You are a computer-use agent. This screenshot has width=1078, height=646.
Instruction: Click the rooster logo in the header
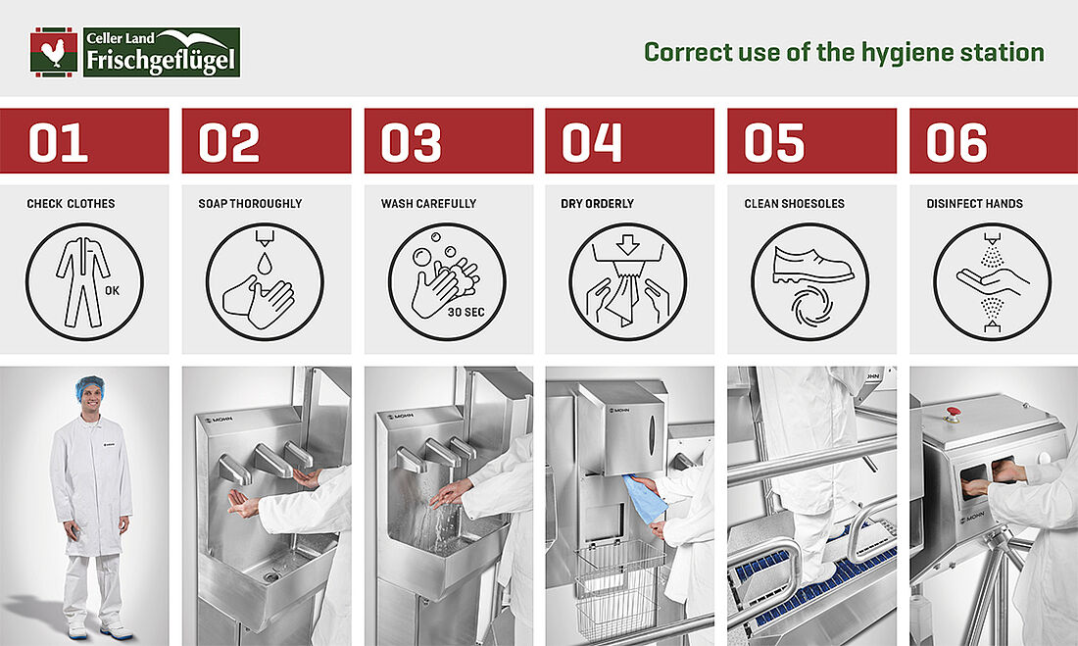pyautogui.click(x=54, y=52)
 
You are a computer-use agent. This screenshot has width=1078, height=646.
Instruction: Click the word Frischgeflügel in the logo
pyautogui.click(x=161, y=61)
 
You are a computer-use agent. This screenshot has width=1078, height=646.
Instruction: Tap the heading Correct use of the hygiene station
pyautogui.click(x=844, y=52)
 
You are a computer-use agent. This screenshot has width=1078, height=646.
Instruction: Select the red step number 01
pyautogui.click(x=58, y=142)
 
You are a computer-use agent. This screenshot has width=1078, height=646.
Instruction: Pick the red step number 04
pyautogui.click(x=591, y=142)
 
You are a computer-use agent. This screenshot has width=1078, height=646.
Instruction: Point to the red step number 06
pyautogui.click(x=956, y=142)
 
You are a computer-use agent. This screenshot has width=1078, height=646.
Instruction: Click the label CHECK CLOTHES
pyautogui.click(x=71, y=204)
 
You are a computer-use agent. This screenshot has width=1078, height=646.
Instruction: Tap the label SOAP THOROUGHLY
pyautogui.click(x=250, y=204)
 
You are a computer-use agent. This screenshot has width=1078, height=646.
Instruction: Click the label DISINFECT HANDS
pyautogui.click(x=974, y=204)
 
